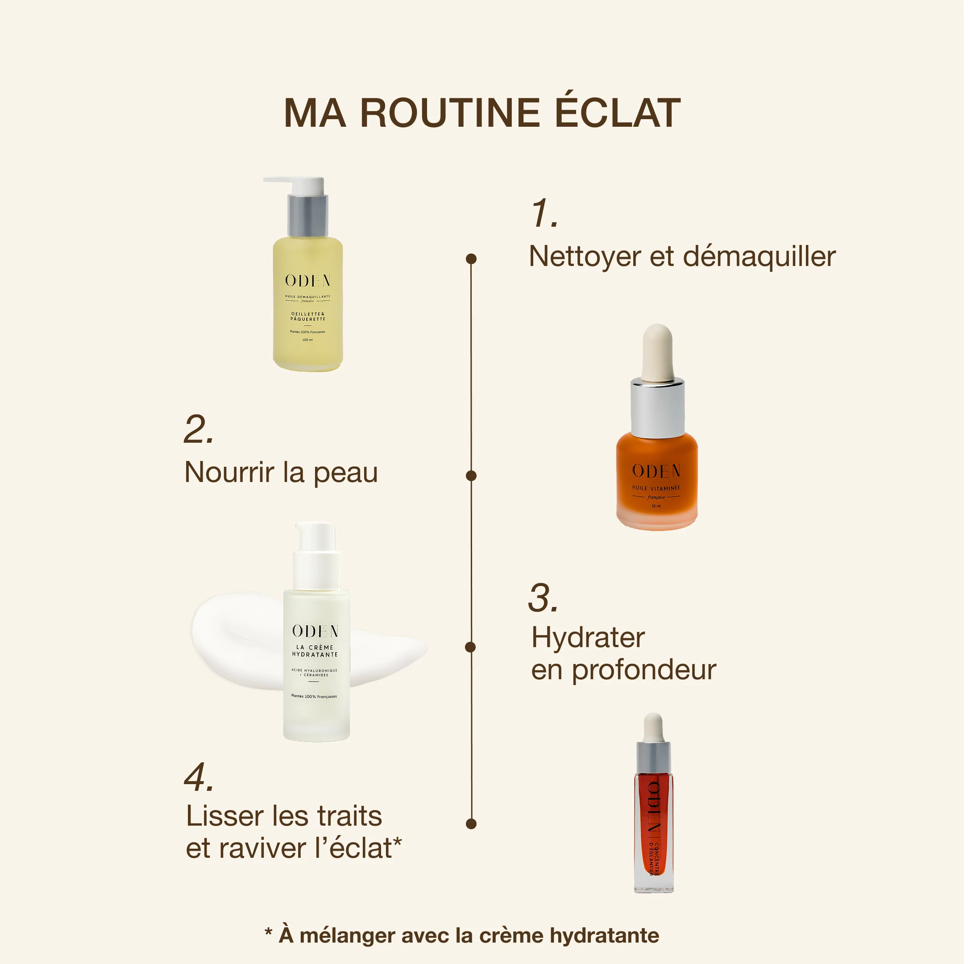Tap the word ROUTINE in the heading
click(450, 112)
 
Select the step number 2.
click(199, 430)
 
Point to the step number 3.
click(543, 598)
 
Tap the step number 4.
click(199, 777)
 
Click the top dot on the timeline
click(471, 259)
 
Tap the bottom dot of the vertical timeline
click(471, 823)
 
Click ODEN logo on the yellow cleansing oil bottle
click(307, 280)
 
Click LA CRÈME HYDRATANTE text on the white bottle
click(315, 651)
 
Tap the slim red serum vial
click(653, 824)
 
